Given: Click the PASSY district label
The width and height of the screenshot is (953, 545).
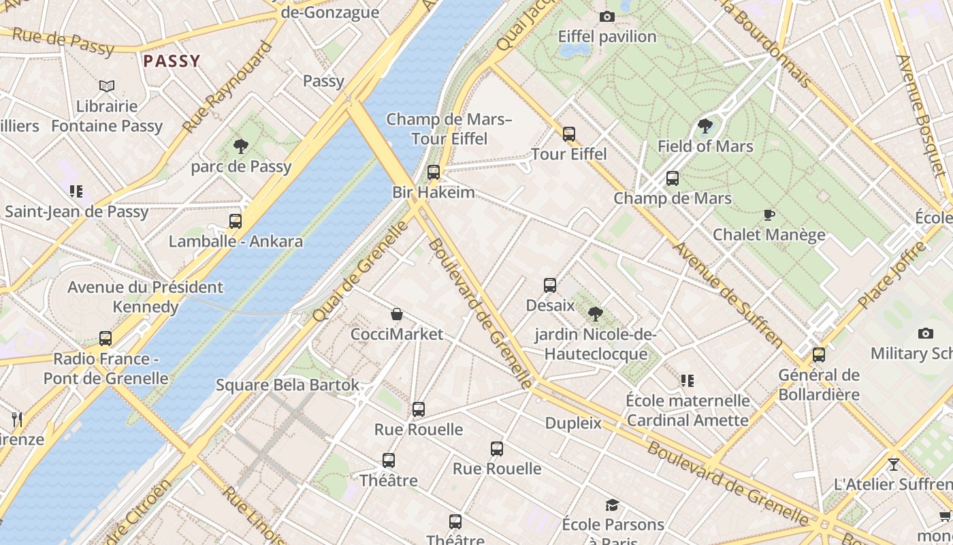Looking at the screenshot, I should coord(172,61).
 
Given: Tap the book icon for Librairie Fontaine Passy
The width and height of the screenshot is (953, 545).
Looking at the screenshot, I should coord(107,86).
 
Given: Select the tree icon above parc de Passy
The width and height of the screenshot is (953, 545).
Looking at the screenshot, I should coord(240,145).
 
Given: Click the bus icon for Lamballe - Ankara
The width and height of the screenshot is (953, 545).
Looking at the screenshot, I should coord(236,221).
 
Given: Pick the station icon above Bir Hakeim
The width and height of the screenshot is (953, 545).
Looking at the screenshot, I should coord(434,172).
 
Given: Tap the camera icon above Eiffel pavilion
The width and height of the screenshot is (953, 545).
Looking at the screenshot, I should coord(607,16).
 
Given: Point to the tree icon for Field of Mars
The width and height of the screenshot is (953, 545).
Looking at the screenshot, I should coord(705,126).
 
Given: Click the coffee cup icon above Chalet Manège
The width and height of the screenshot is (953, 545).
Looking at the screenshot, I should coord(769,215).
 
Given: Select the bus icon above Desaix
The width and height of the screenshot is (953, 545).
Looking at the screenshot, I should coord(550,285).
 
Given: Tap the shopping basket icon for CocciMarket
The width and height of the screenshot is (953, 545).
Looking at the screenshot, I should coord(397,314).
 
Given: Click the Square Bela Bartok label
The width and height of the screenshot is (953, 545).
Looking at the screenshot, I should coord(287,385).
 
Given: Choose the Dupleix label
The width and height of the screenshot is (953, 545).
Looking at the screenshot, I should coord(573,423).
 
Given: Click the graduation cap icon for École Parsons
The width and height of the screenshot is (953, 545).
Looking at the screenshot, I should coord(613,505).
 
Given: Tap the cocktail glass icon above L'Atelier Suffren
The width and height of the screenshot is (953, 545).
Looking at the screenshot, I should coord(894,465).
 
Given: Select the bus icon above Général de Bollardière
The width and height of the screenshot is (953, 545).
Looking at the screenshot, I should coord(819,355).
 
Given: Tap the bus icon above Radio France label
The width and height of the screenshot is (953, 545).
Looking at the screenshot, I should coord(106,339).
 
